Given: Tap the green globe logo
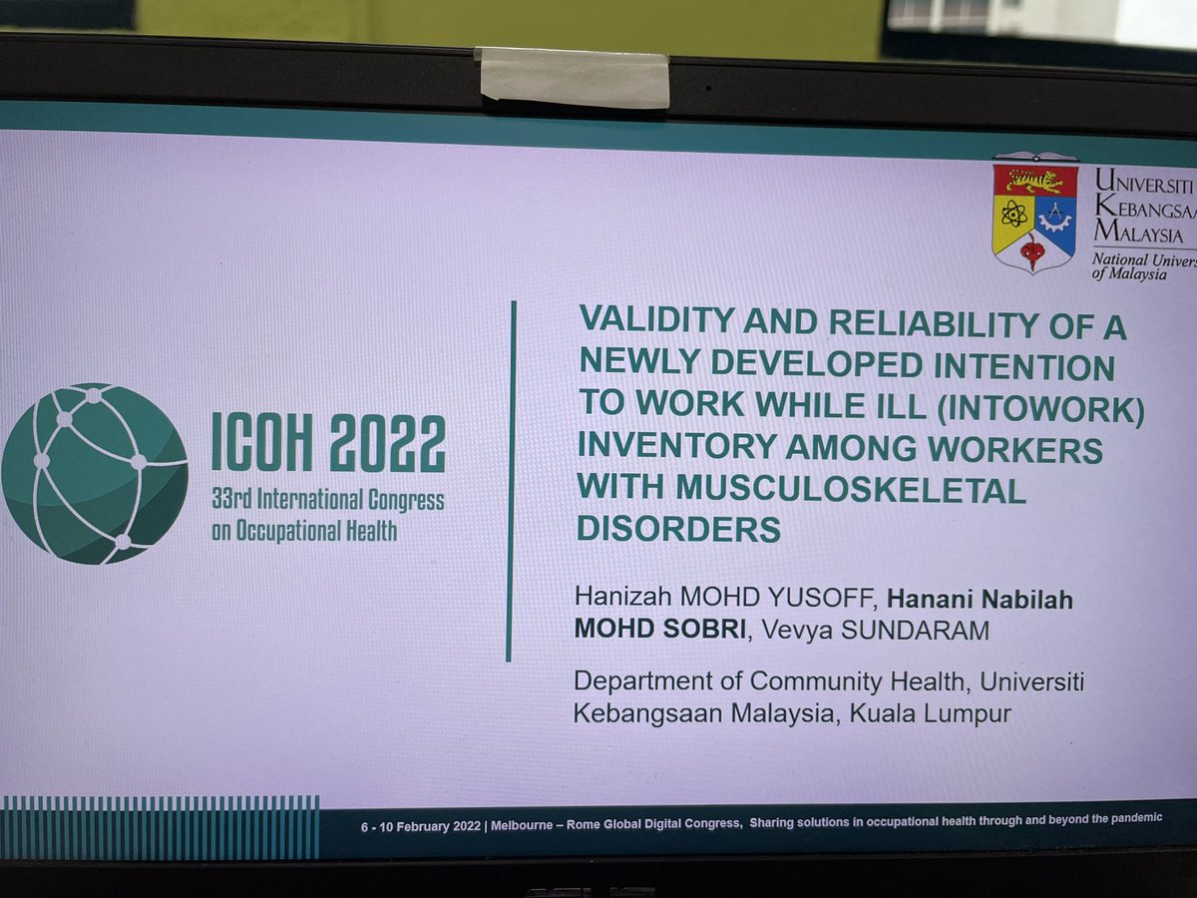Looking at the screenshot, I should [x=94, y=473].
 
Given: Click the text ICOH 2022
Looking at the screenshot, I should [x=328, y=444].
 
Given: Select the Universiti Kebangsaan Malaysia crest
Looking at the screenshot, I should [x=1034, y=212].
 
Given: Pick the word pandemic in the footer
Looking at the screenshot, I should [x=1128, y=819].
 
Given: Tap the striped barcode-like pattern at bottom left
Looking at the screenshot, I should [x=160, y=827].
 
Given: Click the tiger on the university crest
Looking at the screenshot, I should [x=1033, y=181].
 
